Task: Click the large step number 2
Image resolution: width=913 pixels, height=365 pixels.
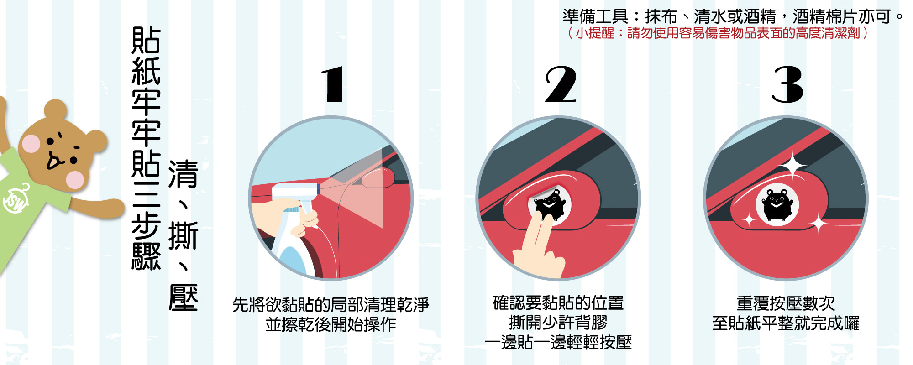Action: (x=561, y=84)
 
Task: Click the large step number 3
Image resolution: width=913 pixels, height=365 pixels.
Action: (x=787, y=84)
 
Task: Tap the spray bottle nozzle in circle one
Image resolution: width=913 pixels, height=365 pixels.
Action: (x=315, y=188)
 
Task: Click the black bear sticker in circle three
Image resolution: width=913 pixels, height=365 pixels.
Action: (x=777, y=204)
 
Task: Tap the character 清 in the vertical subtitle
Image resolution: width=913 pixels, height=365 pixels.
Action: (x=183, y=174)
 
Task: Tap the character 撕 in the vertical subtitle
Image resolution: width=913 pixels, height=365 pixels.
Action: (x=183, y=235)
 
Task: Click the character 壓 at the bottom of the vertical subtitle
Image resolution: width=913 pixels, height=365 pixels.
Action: (x=183, y=297)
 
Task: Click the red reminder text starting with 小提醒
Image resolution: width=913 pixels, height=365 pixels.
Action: (x=717, y=33)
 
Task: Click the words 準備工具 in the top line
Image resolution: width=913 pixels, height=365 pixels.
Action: (x=595, y=17)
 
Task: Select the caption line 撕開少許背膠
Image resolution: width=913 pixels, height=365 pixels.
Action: (x=558, y=323)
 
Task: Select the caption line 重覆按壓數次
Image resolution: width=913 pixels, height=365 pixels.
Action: (x=785, y=303)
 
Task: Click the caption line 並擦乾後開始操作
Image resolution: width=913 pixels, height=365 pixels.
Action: (x=331, y=324)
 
